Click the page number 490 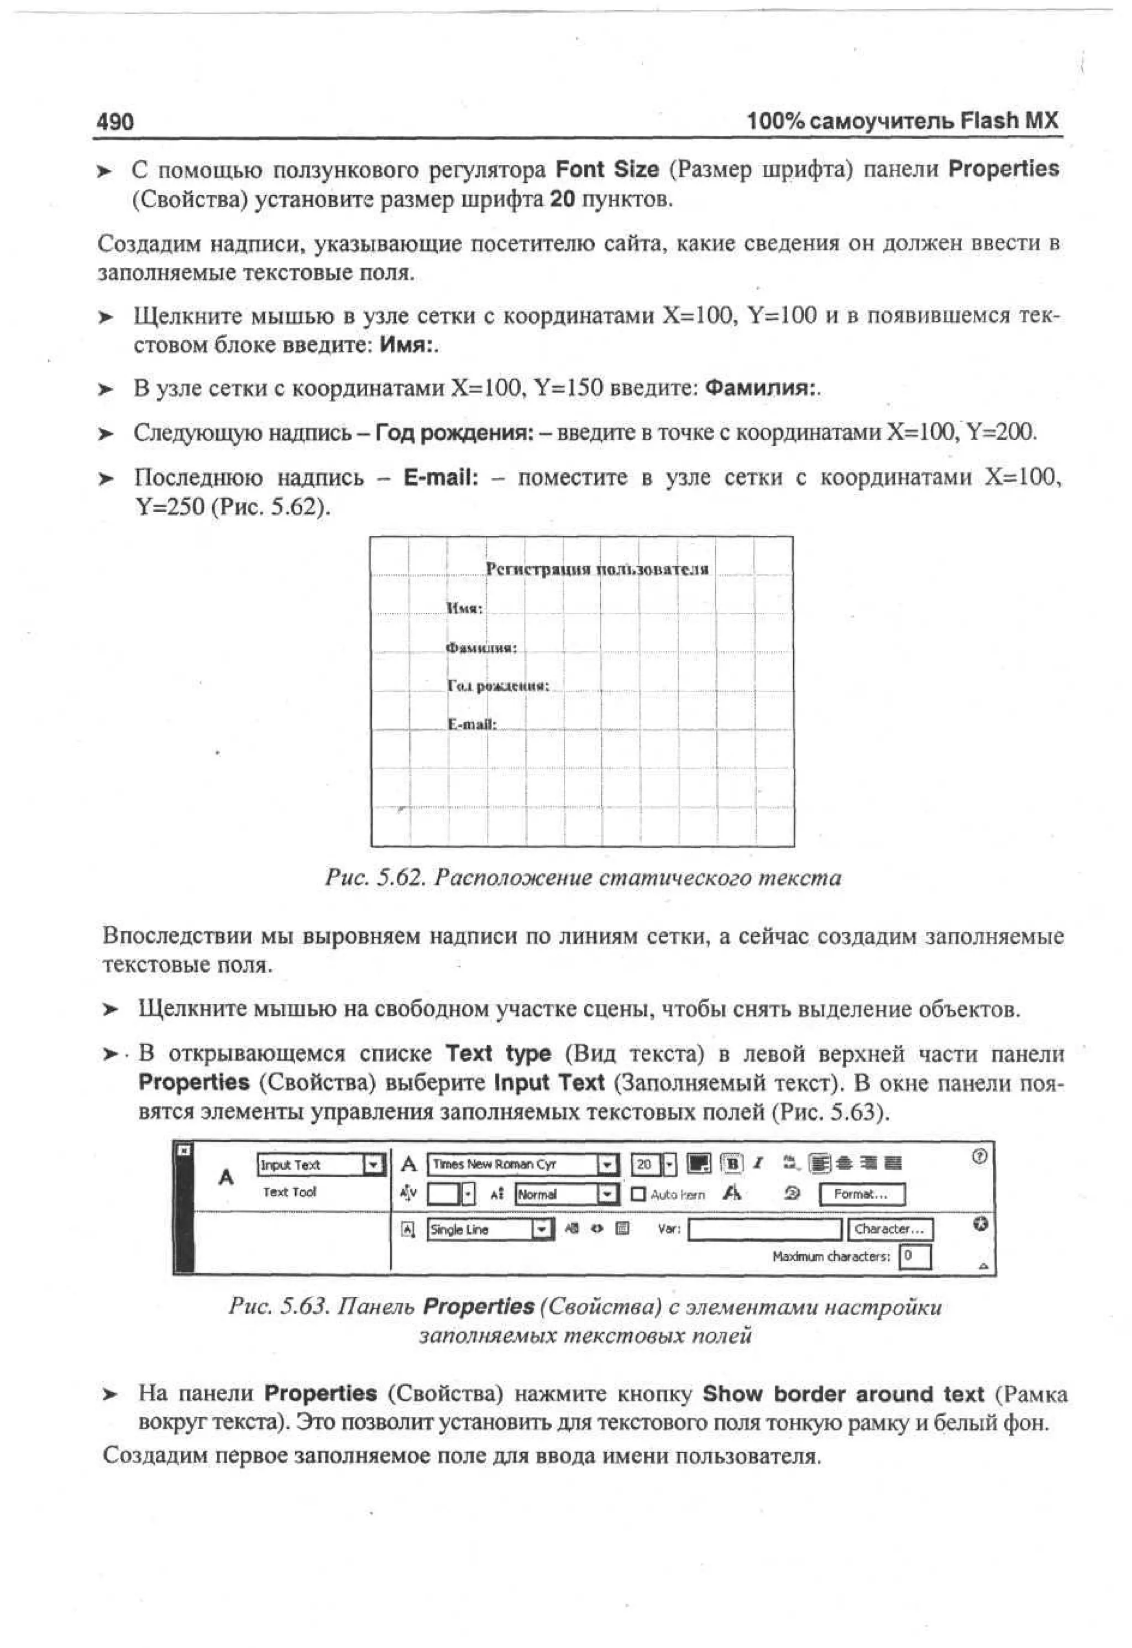click(x=115, y=122)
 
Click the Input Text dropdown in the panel click(x=320, y=1165)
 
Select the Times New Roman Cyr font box click(x=521, y=1164)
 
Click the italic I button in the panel click(x=757, y=1164)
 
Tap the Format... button click(x=861, y=1195)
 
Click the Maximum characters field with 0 click(x=914, y=1257)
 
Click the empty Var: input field click(x=764, y=1229)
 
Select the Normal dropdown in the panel click(x=566, y=1195)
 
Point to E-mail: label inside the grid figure click(x=471, y=724)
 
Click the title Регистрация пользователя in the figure click(x=597, y=569)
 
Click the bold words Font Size click(x=606, y=170)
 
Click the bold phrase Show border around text click(x=842, y=1394)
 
